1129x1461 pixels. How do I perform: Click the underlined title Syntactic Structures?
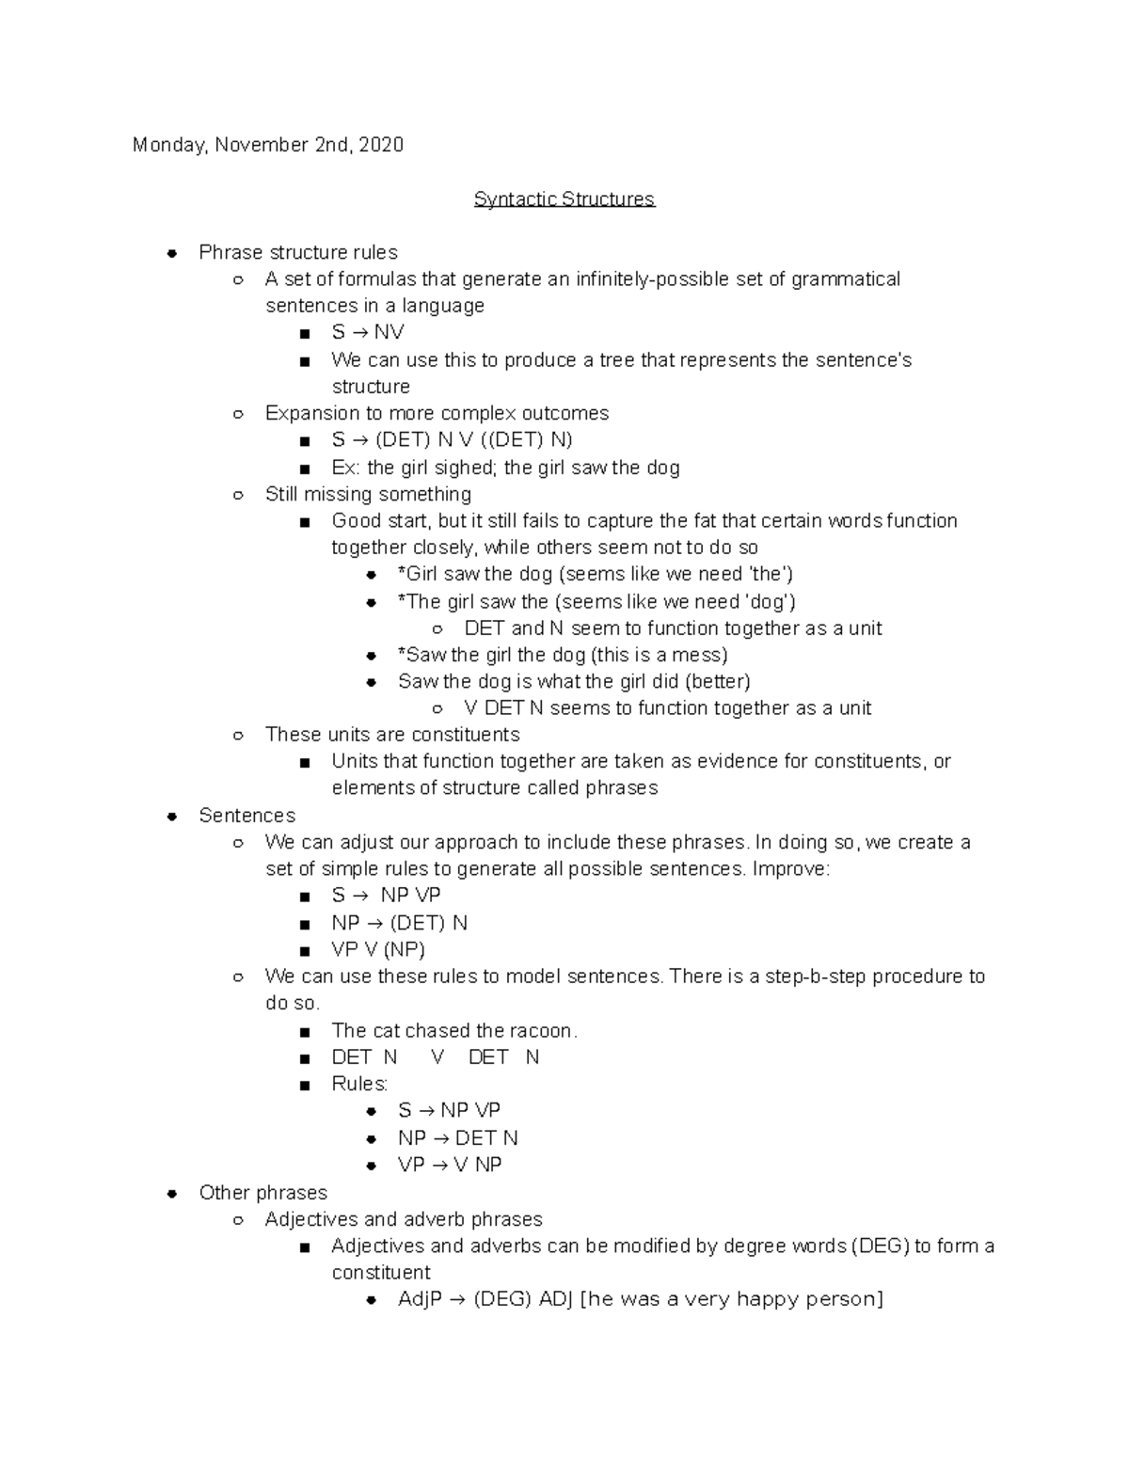click(564, 199)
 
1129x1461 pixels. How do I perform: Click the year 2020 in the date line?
click(381, 145)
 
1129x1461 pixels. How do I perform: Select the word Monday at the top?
click(167, 145)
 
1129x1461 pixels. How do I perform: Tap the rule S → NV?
click(367, 332)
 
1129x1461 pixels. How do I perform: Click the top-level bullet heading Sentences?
click(246, 816)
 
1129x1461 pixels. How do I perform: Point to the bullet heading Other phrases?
click(262, 1193)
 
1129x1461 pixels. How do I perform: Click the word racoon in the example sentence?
click(541, 1031)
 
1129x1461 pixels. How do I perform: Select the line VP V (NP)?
click(378, 950)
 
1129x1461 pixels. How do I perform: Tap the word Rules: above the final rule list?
click(359, 1084)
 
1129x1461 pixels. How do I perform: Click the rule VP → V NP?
click(450, 1165)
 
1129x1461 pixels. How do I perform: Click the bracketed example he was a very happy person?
click(733, 1300)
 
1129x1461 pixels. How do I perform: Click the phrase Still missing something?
click(368, 495)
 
